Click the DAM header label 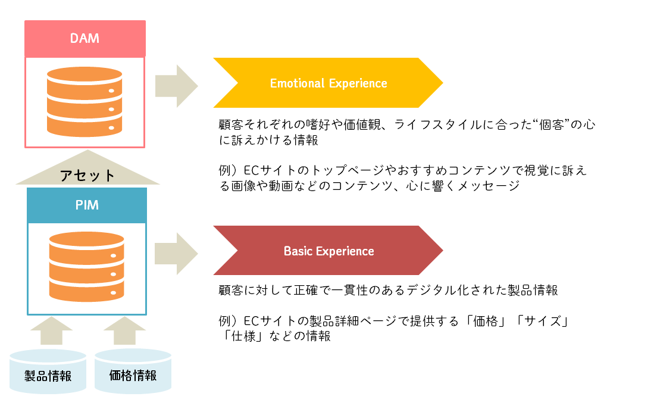point(85,39)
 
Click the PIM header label point(87,205)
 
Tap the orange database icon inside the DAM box point(85,102)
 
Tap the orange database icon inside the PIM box point(87,266)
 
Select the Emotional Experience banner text point(328,83)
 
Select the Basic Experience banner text point(328,251)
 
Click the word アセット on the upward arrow point(87,175)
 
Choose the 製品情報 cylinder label point(48,376)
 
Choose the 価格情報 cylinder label point(133,376)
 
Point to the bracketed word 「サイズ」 point(541,322)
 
